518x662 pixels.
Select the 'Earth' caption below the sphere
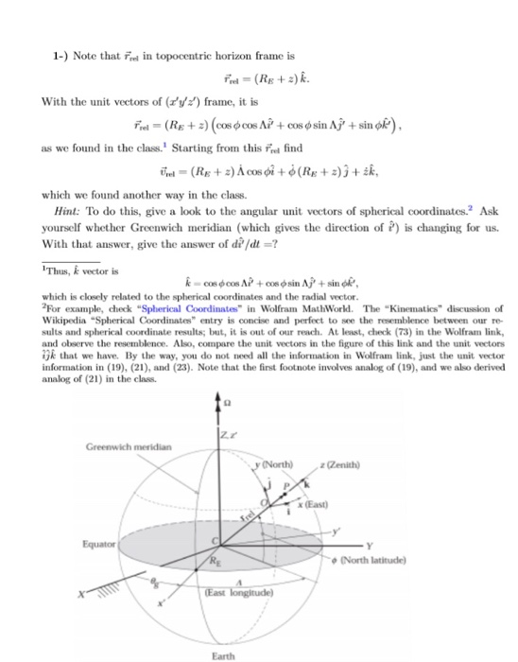click(x=224, y=653)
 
